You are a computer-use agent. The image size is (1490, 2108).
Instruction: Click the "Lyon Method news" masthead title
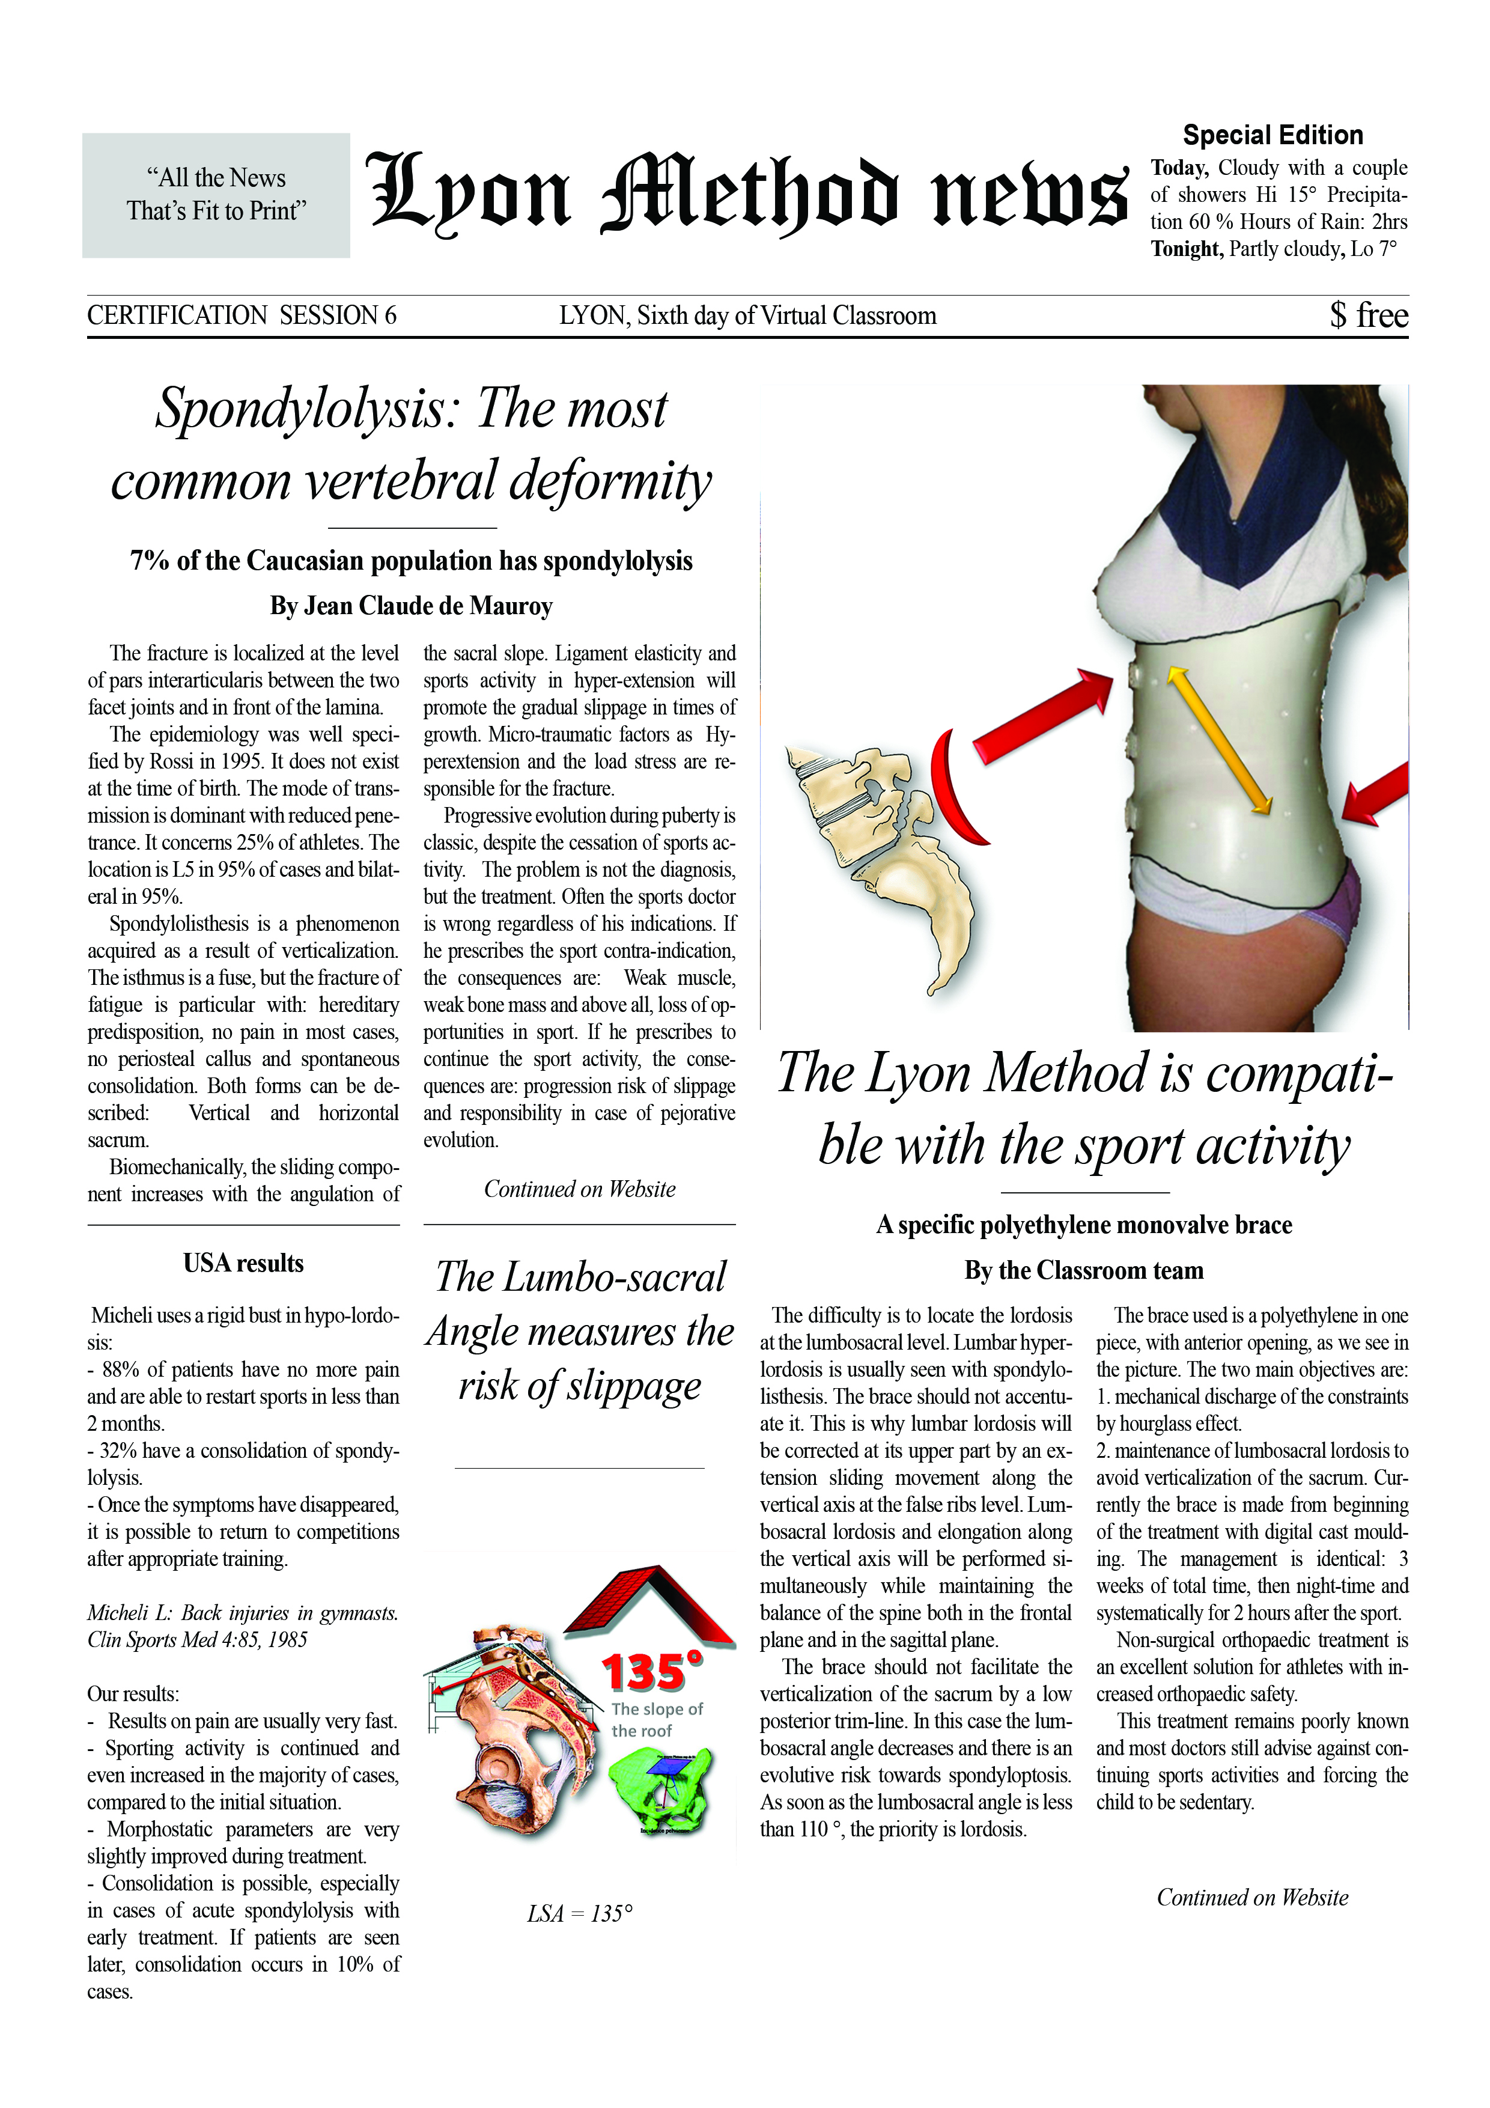point(746,193)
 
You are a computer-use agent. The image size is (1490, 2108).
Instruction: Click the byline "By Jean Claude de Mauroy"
point(412,606)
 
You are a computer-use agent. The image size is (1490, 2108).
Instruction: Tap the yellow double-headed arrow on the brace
point(1218,740)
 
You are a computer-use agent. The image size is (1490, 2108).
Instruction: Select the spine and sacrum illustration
point(881,854)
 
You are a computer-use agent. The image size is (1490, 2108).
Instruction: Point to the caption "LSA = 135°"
point(579,1913)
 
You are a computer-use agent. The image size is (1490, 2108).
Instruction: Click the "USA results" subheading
point(243,1263)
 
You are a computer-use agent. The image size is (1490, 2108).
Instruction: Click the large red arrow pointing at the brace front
point(1042,716)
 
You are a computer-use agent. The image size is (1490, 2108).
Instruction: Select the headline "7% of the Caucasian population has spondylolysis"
point(412,561)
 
